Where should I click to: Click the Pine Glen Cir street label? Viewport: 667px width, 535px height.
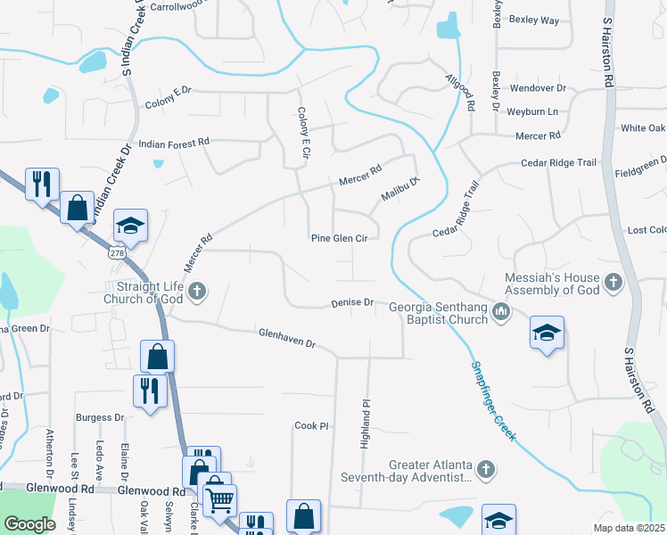pyautogui.click(x=339, y=238)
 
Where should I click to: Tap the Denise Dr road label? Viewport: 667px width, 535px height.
pyautogui.click(x=352, y=303)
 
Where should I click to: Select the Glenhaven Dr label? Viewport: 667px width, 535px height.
pyautogui.click(x=287, y=337)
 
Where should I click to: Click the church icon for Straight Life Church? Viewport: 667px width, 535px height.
pyautogui.click(x=197, y=290)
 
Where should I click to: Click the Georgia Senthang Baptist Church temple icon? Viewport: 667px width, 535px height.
pyautogui.click(x=501, y=311)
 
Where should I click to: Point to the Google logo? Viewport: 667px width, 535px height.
pyautogui.click(x=29, y=523)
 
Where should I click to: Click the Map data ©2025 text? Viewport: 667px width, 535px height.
pyautogui.click(x=629, y=528)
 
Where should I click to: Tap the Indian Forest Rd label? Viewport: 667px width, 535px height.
pyautogui.click(x=174, y=143)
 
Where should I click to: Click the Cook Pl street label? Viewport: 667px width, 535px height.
pyautogui.click(x=312, y=426)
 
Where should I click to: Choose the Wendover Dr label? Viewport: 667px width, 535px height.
pyautogui.click(x=538, y=88)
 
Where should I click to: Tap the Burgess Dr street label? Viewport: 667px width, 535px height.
pyautogui.click(x=100, y=417)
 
